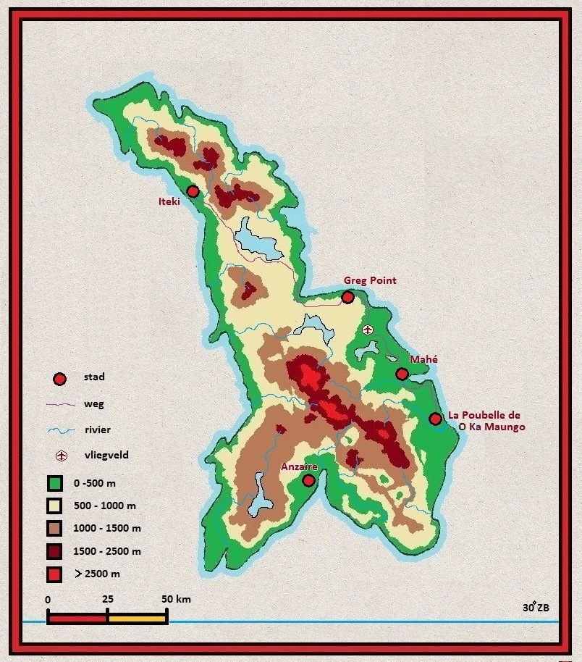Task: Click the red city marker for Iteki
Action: [193, 191]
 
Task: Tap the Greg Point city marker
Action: [347, 297]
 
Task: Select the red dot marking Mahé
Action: [402, 374]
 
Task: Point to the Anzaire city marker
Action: [308, 480]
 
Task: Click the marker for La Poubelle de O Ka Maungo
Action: [435, 419]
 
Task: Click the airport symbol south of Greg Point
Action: [368, 330]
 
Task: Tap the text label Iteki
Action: [169, 202]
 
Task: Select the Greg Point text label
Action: [369, 280]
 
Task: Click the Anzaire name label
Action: [298, 467]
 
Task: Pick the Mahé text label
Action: [424, 359]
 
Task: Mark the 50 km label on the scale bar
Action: [175, 600]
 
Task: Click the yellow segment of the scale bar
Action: [138, 619]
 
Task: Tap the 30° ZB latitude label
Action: [536, 607]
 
